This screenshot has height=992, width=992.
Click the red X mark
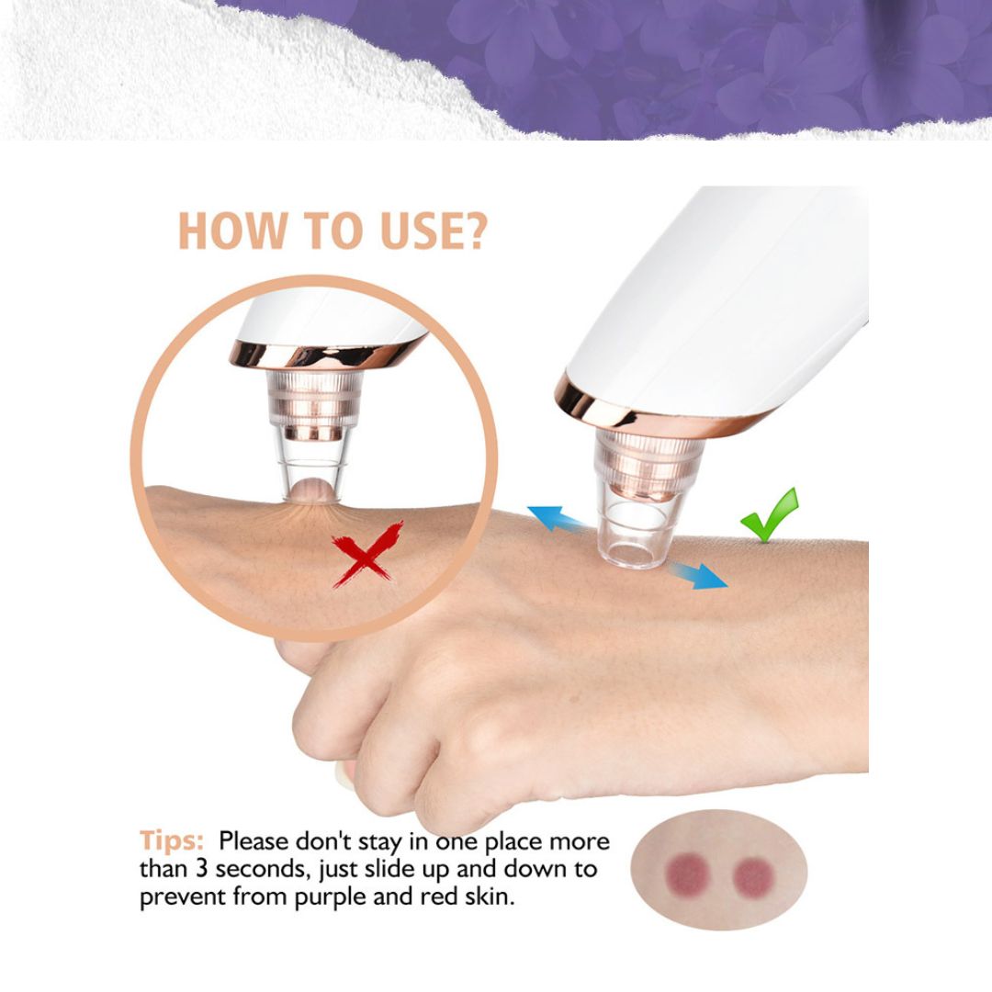coord(367,554)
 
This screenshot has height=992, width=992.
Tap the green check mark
coord(770,515)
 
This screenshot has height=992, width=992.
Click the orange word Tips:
coord(172,840)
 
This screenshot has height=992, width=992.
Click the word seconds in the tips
coord(256,869)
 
